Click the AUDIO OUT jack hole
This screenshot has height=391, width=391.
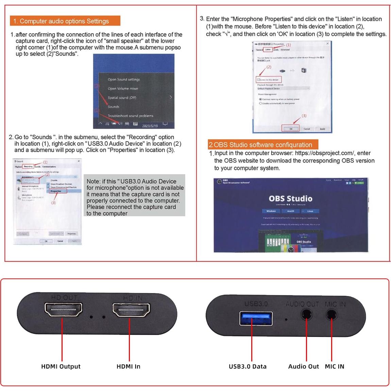[x=306, y=315]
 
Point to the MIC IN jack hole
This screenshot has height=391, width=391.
[x=331, y=315]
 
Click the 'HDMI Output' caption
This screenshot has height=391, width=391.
[x=61, y=367]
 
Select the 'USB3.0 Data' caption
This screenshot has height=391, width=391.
[x=248, y=367]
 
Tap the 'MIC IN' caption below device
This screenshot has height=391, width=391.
[x=335, y=367]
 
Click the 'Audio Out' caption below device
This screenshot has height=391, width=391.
[x=303, y=367]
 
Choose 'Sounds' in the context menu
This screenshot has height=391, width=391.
[x=114, y=107]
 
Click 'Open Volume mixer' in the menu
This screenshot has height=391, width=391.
[x=123, y=89]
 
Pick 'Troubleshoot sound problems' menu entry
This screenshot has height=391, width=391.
[x=131, y=116]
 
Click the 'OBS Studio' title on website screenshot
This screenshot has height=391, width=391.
[x=290, y=199]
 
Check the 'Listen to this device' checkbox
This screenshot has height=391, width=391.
[x=259, y=80]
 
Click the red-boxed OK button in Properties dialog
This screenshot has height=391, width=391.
[x=291, y=129]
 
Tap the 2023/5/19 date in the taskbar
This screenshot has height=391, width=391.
[x=150, y=126]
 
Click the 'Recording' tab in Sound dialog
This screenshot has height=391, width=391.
[x=28, y=167]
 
